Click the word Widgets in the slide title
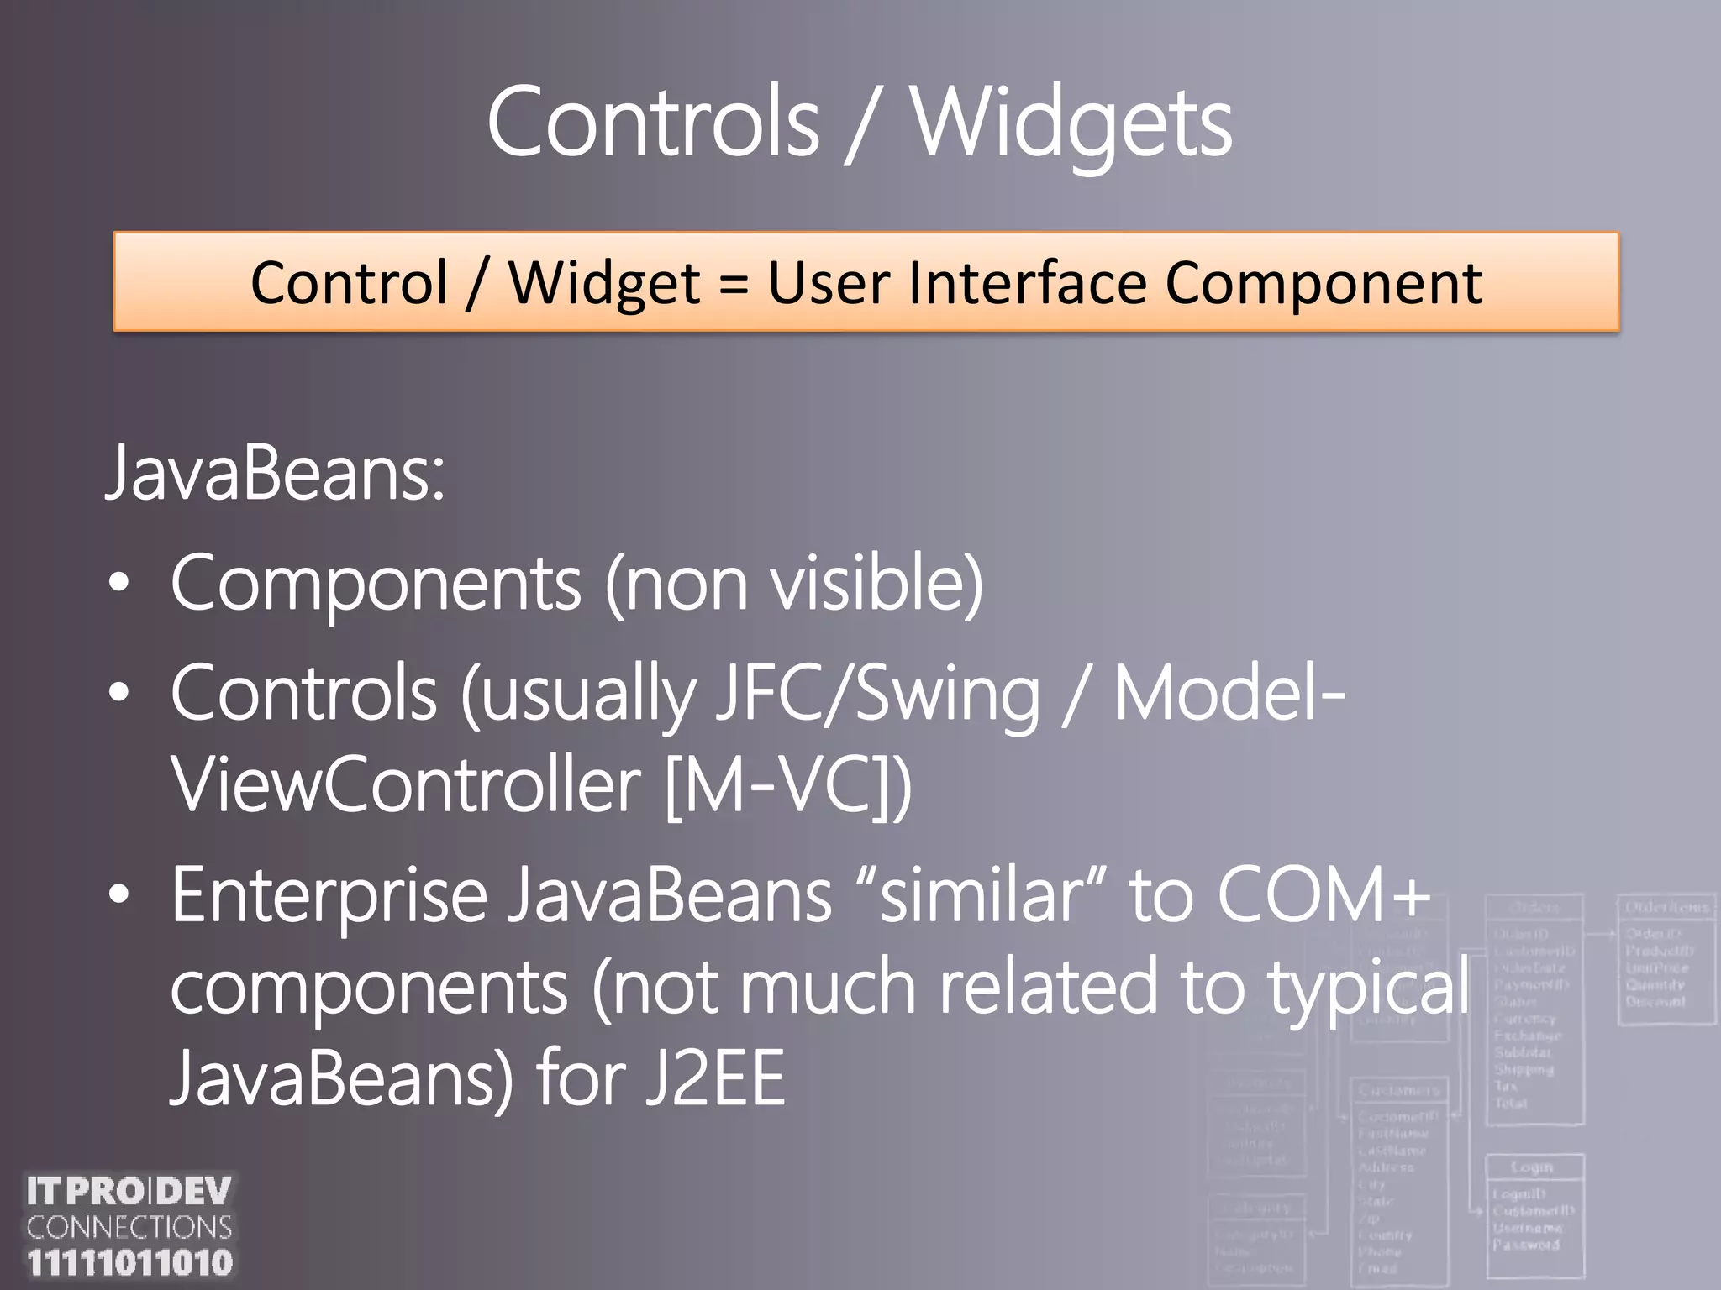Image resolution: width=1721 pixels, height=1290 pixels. (1071, 124)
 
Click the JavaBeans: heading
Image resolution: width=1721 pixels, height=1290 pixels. (275, 473)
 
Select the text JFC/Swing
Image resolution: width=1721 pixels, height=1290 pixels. (876, 695)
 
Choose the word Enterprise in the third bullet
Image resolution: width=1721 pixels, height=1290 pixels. (329, 895)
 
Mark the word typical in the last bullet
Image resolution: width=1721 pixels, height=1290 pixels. (1369, 988)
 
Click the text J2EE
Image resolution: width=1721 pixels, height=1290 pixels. (716, 1079)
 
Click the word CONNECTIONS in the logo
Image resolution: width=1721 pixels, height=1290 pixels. (129, 1228)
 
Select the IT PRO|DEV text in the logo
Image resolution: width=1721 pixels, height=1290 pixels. (129, 1191)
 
